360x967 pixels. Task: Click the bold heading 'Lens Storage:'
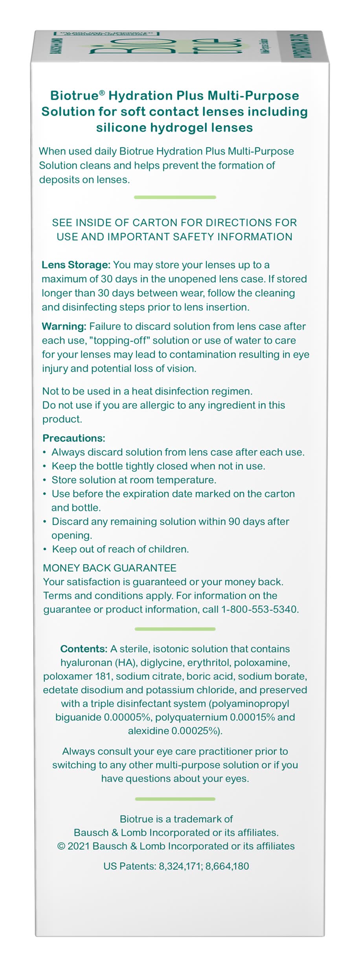coord(76,265)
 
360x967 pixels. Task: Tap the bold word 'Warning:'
coord(64,327)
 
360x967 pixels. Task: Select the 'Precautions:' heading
coord(74,438)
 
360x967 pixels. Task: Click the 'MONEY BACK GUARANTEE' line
coord(110,568)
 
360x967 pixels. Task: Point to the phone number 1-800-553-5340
coord(259,610)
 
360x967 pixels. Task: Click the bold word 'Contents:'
coord(84,649)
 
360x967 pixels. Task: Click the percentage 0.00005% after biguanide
coord(127,717)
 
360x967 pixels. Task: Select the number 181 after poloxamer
coord(104,677)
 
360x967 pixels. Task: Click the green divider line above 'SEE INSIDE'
coord(175,197)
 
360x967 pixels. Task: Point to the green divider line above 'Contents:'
coord(175,629)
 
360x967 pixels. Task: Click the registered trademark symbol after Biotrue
coord(102,93)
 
